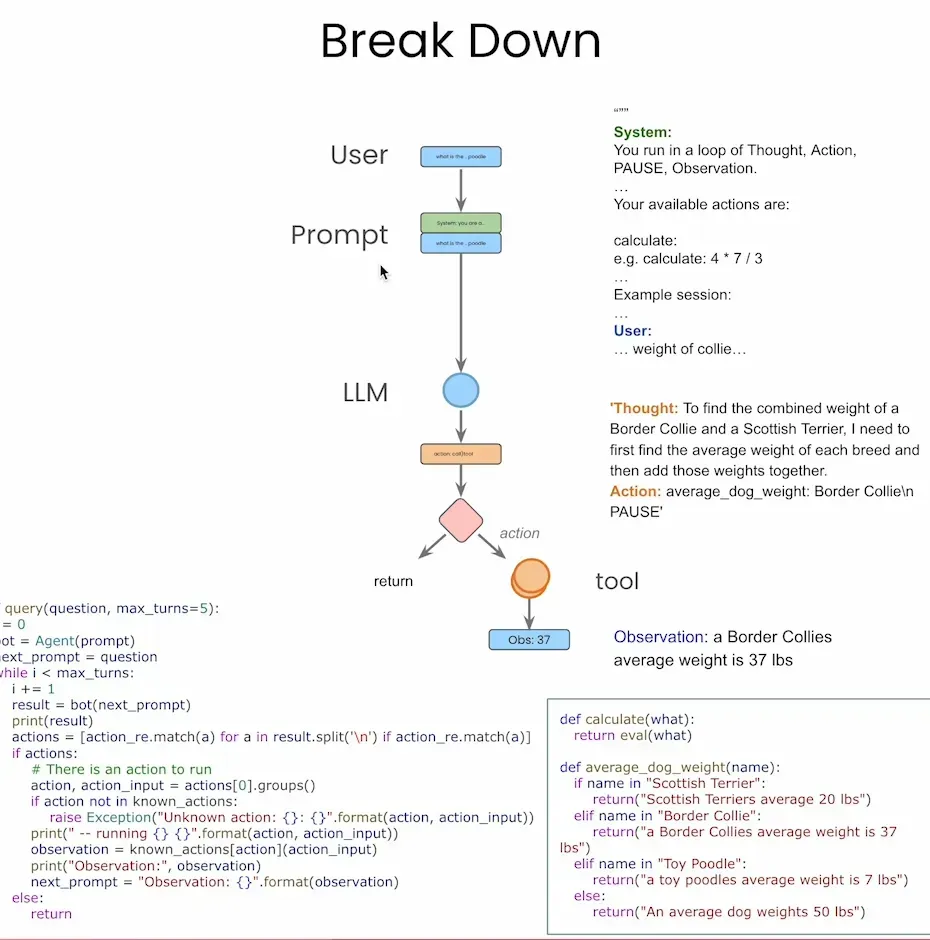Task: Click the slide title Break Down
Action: pos(461,42)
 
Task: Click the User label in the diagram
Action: pos(359,155)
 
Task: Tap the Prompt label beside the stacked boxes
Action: pos(339,235)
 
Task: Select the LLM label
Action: pos(365,393)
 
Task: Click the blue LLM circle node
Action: pos(461,389)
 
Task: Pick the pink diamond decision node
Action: pos(461,520)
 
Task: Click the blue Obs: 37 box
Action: pos(529,639)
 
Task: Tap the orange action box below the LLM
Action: pos(460,454)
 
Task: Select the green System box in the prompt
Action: pos(460,223)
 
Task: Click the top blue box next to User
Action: pos(460,156)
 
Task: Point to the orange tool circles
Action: pos(530,578)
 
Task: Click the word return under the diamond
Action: pos(393,581)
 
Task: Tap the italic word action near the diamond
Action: pos(519,533)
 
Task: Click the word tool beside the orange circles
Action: pos(617,581)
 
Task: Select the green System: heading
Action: pos(642,132)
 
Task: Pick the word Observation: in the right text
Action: pos(660,637)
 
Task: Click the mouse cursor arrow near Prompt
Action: pos(384,272)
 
